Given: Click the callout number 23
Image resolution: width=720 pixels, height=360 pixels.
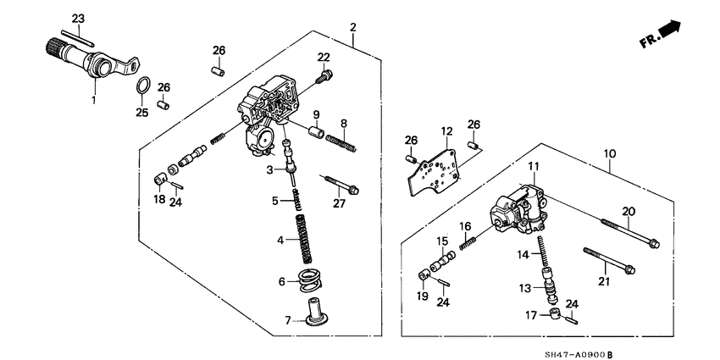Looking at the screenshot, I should point(78,19).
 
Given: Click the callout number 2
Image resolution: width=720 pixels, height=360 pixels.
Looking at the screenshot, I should point(352,28).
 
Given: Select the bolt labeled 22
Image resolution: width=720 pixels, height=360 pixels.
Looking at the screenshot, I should point(323,76).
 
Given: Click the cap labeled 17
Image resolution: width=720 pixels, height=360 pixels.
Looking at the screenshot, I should point(557,315).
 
